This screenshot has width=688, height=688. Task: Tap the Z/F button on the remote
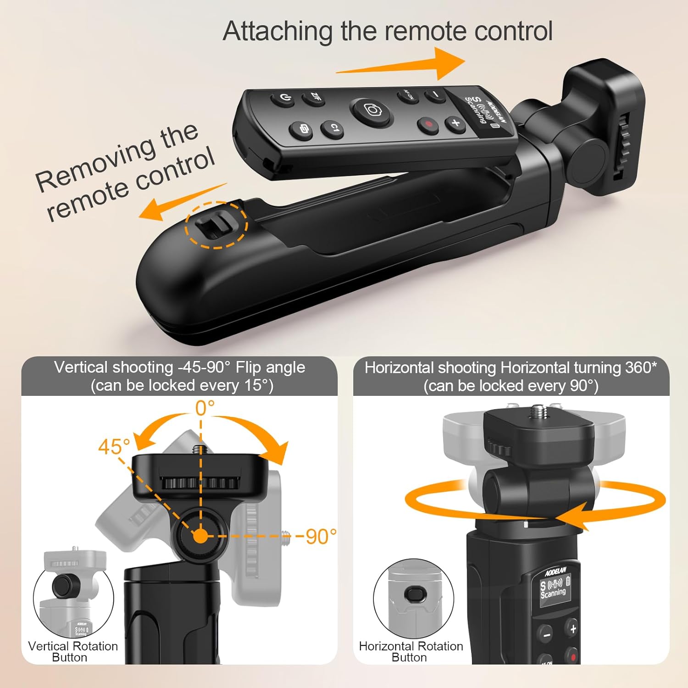pyautogui.click(x=315, y=97)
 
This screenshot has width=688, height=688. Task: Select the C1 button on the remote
pyautogui.click(x=333, y=129)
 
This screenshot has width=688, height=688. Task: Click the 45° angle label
pyautogui.click(x=114, y=446)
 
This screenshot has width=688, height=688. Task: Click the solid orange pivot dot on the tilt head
pyautogui.click(x=200, y=536)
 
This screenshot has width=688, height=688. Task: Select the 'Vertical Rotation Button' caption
pyautogui.click(x=73, y=651)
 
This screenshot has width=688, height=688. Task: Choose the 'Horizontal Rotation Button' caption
pyautogui.click(x=411, y=651)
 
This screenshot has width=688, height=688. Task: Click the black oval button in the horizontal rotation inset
pyautogui.click(x=416, y=595)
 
